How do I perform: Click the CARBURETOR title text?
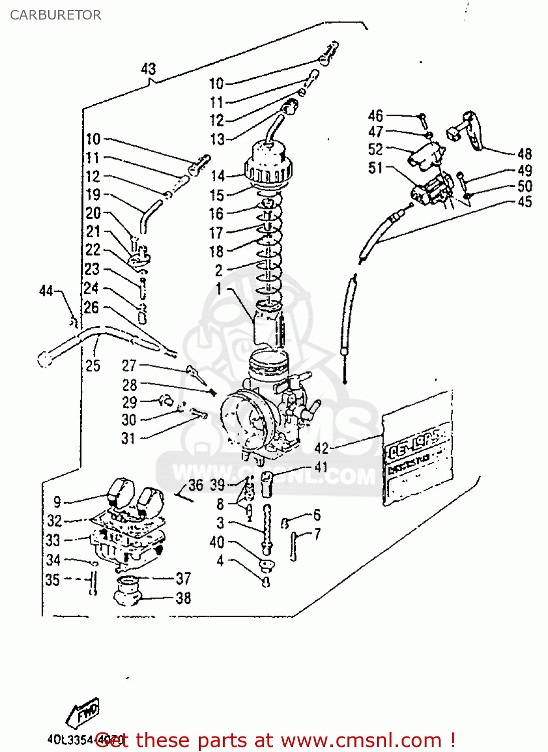point(55,15)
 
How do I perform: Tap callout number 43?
point(148,69)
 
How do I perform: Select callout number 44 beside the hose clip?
point(46,290)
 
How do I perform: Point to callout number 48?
point(524,154)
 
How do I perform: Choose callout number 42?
point(321,448)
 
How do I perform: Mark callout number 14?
point(218,176)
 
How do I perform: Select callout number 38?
point(183,598)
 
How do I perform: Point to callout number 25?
point(93,365)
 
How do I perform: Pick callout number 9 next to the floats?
point(57,502)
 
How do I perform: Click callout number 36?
point(196,485)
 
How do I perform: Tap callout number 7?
point(317,534)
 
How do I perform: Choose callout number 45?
point(524,202)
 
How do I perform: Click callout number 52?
point(376,149)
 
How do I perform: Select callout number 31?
point(128,438)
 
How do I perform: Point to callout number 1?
point(219,289)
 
